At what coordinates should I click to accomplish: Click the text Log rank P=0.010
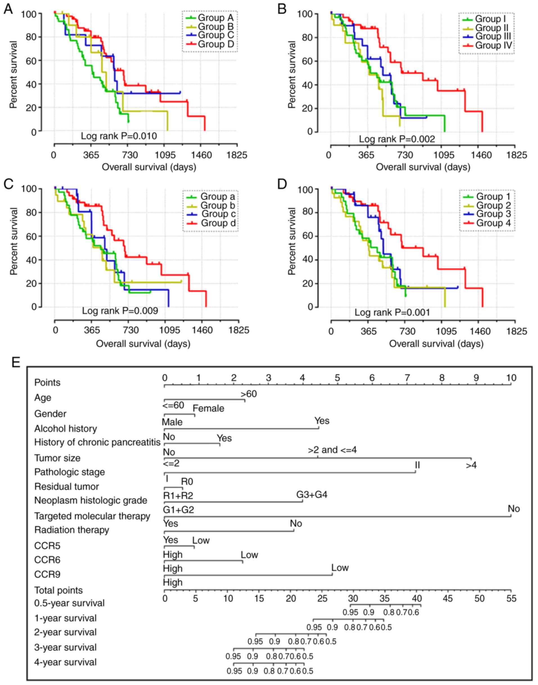(x=119, y=136)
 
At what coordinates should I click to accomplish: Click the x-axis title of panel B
(x=423, y=167)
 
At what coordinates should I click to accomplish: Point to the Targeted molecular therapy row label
(x=92, y=516)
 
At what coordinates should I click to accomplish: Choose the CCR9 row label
(x=47, y=574)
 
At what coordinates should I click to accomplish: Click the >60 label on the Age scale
(x=249, y=394)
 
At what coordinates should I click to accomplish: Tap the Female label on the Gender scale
(x=208, y=408)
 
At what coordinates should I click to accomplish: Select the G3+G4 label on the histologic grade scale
(x=312, y=494)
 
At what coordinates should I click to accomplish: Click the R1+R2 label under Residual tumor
(x=178, y=495)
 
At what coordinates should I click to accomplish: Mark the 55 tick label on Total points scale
(x=511, y=598)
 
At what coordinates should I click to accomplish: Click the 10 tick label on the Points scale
(x=511, y=378)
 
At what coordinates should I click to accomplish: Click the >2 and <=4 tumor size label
(x=332, y=450)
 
